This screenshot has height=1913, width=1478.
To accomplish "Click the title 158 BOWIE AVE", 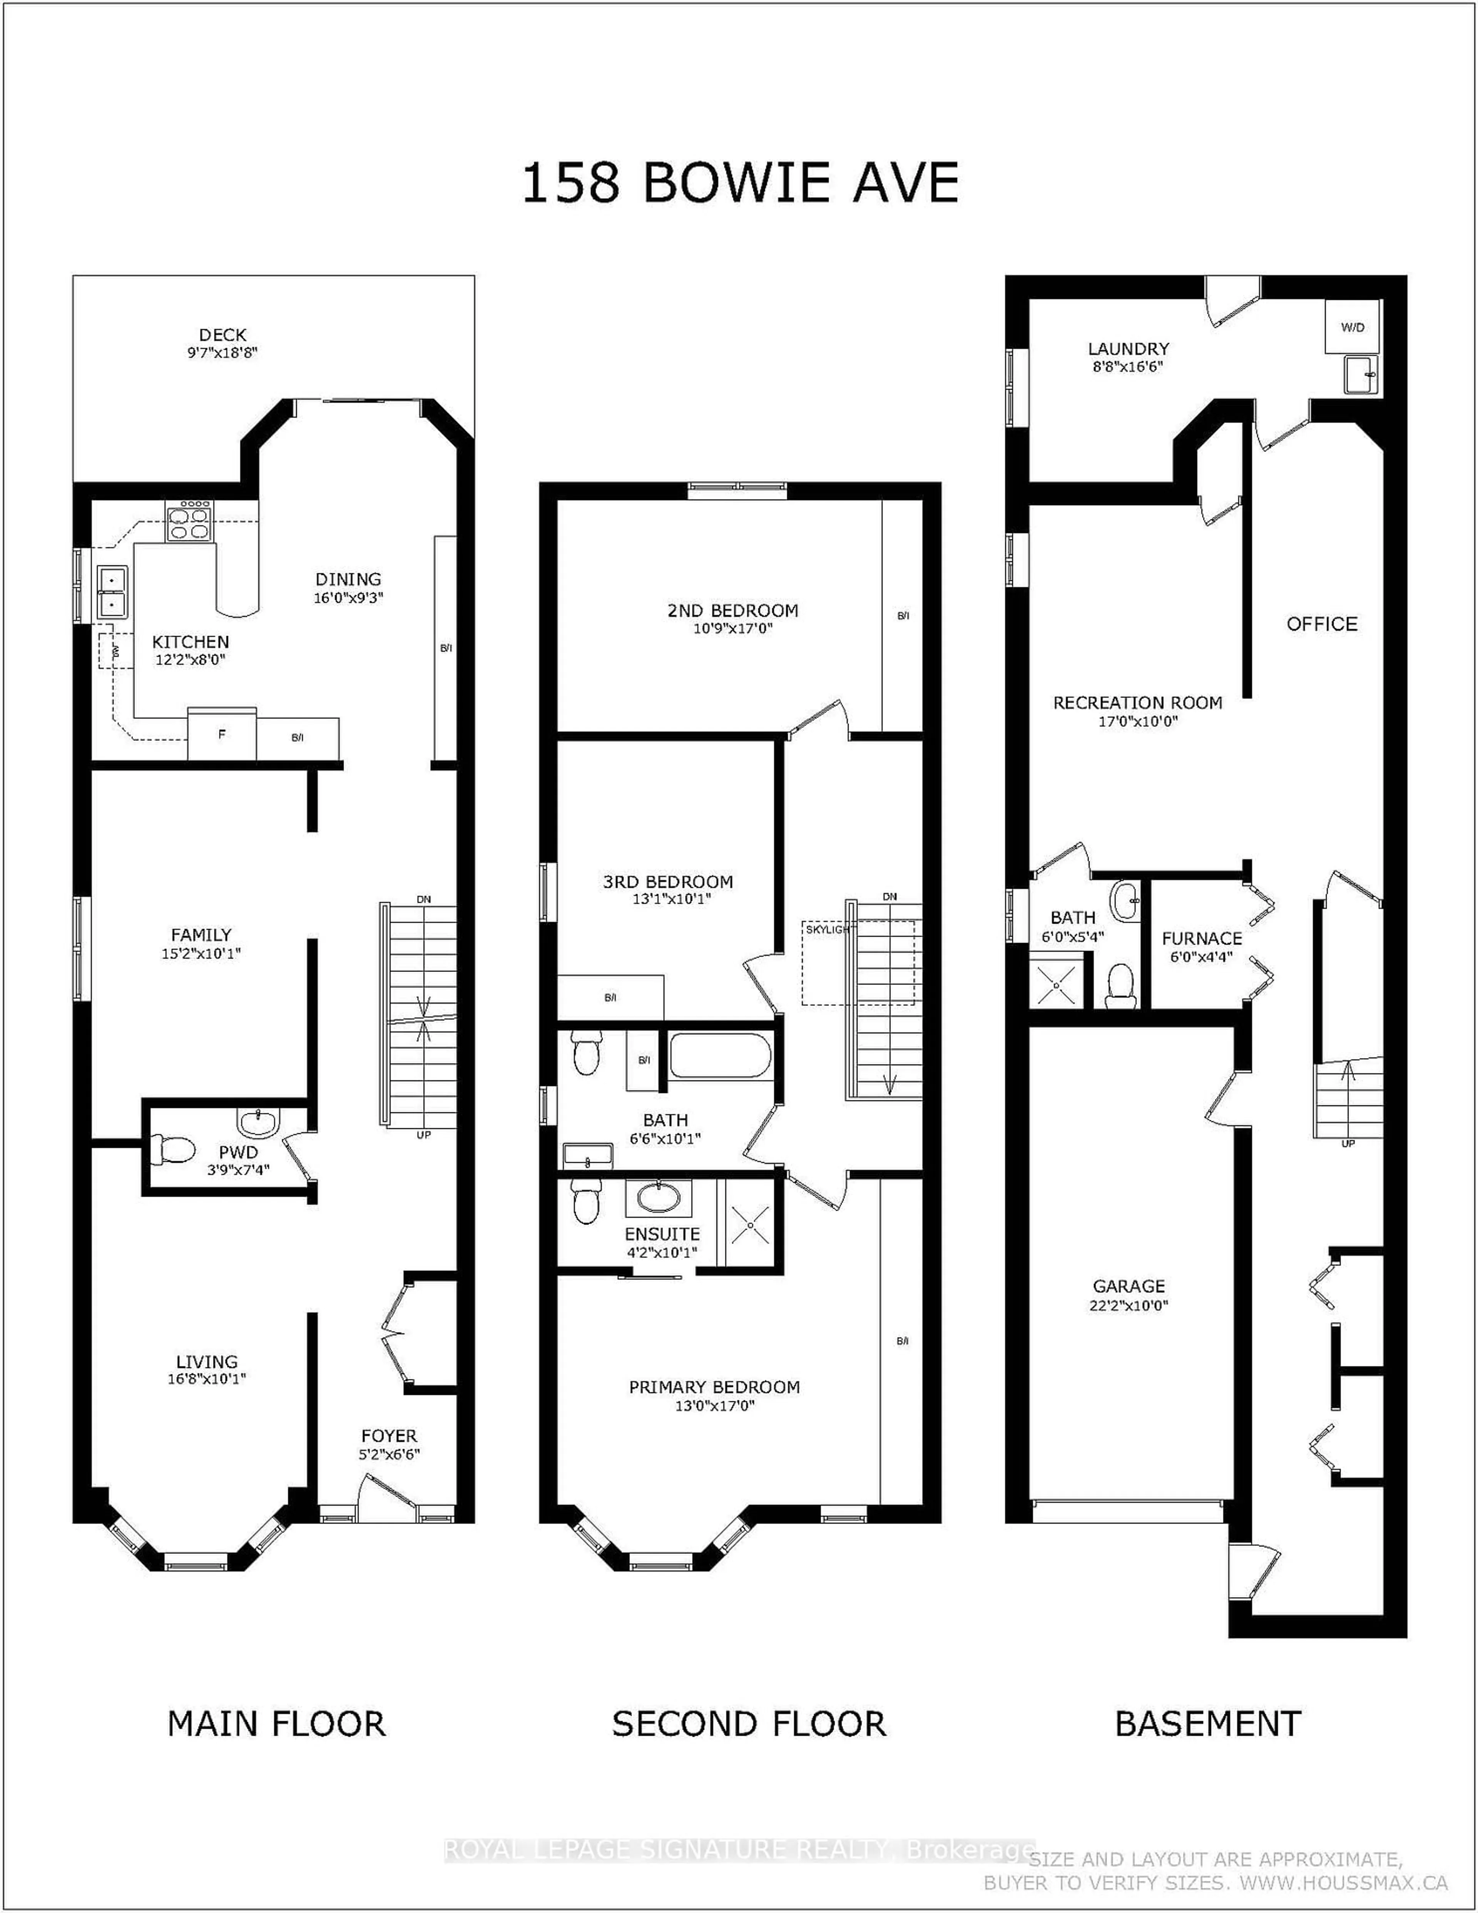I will point(740,183).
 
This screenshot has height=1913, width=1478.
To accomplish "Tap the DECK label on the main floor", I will point(222,335).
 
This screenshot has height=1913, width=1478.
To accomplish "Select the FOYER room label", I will point(389,1436).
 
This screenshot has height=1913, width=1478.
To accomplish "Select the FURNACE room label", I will point(1201,938).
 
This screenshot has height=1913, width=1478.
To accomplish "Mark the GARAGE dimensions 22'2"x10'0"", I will point(1129,1305).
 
